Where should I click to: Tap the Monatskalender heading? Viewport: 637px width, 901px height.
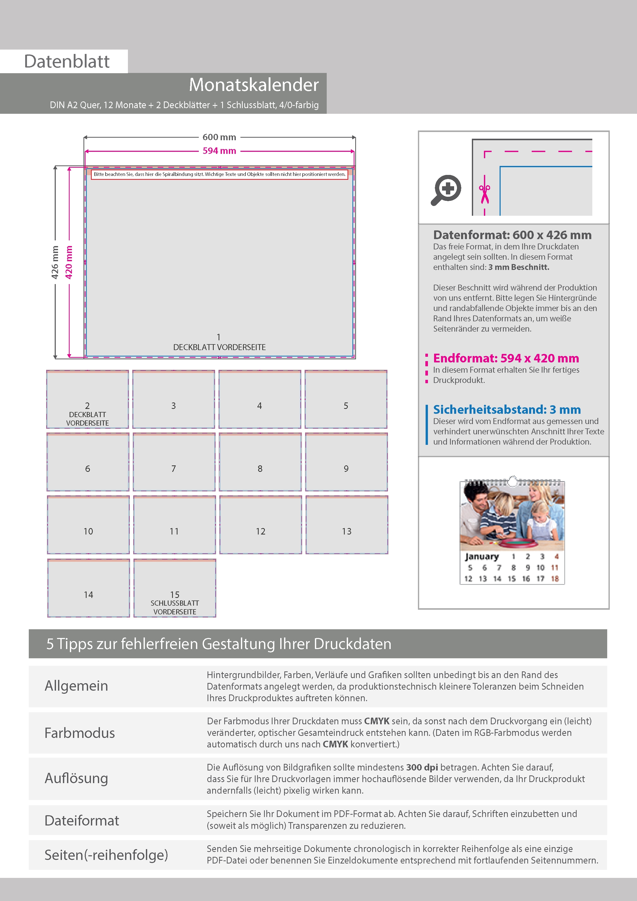coord(254,85)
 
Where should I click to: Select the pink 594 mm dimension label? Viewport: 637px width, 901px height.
coord(219,151)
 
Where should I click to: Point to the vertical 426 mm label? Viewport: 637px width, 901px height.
coord(55,262)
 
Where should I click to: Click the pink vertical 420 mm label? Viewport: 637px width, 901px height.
coord(69,262)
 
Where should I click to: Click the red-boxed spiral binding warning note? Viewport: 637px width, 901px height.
coord(219,174)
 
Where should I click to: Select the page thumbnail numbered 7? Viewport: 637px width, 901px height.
coord(174,462)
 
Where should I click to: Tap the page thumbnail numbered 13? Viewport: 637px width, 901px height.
coord(346,525)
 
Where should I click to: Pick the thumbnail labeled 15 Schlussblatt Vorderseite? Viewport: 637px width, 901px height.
coord(175,588)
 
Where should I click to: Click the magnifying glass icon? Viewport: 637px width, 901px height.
coord(446,190)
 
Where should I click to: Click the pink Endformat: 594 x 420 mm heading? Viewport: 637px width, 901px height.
coord(506,358)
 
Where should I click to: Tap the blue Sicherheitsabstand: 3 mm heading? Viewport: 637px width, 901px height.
coord(507,410)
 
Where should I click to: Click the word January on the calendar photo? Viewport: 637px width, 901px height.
coord(482,557)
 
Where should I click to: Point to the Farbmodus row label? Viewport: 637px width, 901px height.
coord(80,733)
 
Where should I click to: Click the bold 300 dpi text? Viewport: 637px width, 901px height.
coord(422,767)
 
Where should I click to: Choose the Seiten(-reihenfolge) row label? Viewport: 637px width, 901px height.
coord(106,855)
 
